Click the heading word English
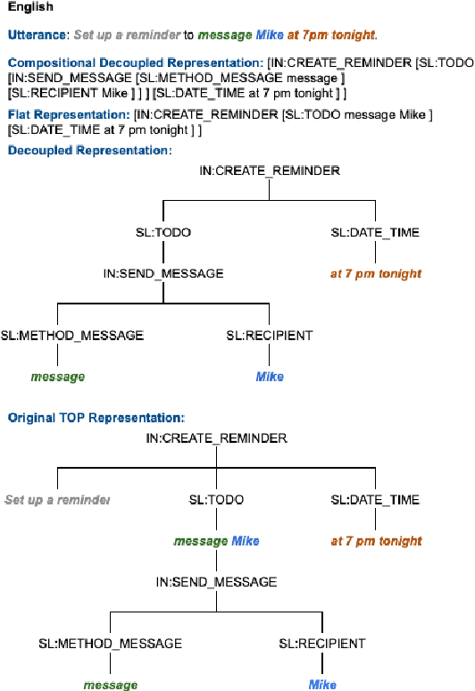click(x=30, y=7)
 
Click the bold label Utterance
click(x=37, y=36)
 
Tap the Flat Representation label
click(x=68, y=116)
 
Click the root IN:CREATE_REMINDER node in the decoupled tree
click(x=269, y=171)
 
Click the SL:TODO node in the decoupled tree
click(x=162, y=232)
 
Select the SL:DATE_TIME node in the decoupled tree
click(x=375, y=232)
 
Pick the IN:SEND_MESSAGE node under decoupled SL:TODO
click(x=162, y=273)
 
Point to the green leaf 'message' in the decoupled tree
click(x=58, y=377)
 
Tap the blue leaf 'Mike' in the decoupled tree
click(x=270, y=377)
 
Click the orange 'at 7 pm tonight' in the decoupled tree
click(x=375, y=273)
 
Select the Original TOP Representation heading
click(x=96, y=418)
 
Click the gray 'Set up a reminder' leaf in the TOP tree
click(x=57, y=500)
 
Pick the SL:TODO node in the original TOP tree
click(x=216, y=500)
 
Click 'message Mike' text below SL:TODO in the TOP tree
click(x=216, y=541)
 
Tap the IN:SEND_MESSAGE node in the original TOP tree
click(x=216, y=582)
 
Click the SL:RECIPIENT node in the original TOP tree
click(x=322, y=644)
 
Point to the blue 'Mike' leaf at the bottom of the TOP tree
click(x=322, y=685)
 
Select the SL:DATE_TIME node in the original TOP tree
click(x=375, y=500)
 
